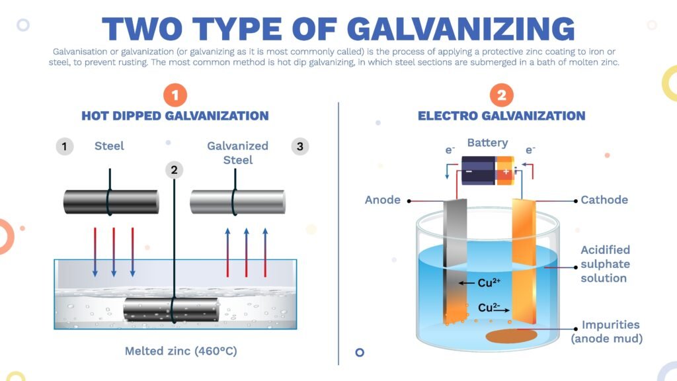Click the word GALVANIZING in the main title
tap(461, 29)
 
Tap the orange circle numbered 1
tap(175, 95)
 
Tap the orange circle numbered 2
tap(501, 95)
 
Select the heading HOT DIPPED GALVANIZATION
tap(175, 116)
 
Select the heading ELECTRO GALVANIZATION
tap(501, 116)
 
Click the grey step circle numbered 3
tap(300, 146)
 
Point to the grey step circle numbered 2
tap(174, 170)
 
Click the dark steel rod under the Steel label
tap(111, 202)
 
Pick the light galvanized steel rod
tap(237, 202)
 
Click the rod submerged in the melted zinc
tap(171, 310)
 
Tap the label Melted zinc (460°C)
tap(181, 351)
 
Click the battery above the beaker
tap(488, 170)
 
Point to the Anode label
tap(383, 200)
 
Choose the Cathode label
tap(604, 200)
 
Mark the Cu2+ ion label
tap(489, 283)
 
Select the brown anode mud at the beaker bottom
tap(512, 335)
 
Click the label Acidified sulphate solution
tap(606, 264)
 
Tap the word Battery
tap(487, 143)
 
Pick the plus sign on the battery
tap(506, 171)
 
